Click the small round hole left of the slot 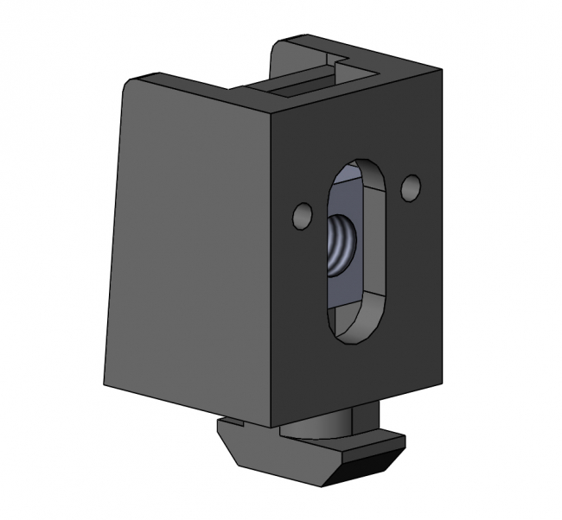(303, 216)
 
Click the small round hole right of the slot (411, 187)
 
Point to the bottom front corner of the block (279, 426)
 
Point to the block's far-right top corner (442, 67)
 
